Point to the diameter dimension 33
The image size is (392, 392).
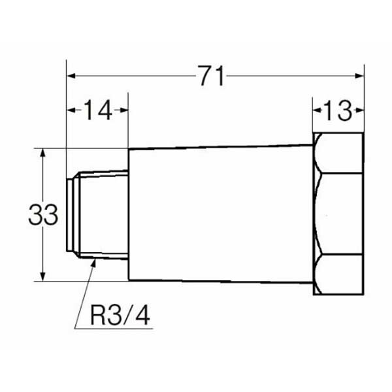(x=43, y=214)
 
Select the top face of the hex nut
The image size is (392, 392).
(x=340, y=153)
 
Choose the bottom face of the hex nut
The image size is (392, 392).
(x=340, y=274)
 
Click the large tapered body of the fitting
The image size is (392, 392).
(x=219, y=214)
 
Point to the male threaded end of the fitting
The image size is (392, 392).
(x=98, y=214)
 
